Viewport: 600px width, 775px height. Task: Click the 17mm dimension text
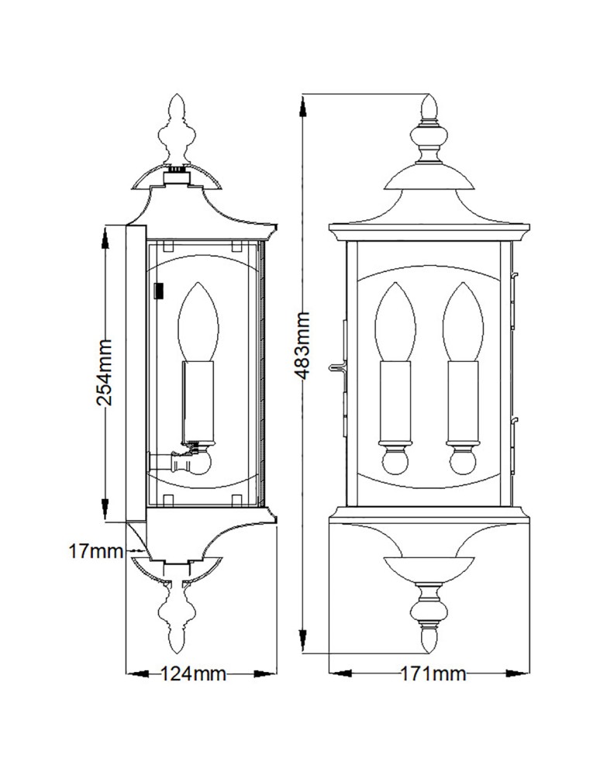(x=96, y=551)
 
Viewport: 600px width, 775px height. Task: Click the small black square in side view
(x=160, y=291)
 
